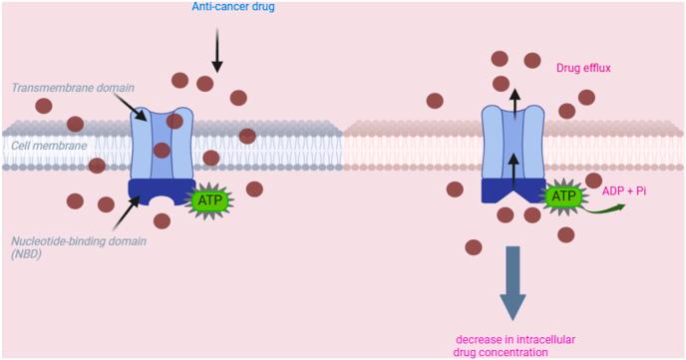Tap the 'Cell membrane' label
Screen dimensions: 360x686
tap(47, 145)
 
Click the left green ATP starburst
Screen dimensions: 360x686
tap(210, 200)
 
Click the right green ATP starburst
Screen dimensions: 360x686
tap(564, 196)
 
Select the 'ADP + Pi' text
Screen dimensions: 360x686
tap(624, 189)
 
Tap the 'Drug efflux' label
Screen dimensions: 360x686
tap(582, 68)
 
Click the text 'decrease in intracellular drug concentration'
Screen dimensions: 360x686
tap(513, 344)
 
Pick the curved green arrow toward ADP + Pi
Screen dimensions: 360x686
tap(605, 208)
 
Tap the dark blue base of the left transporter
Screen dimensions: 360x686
tap(160, 192)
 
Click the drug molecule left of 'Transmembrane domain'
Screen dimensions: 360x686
tap(44, 106)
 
